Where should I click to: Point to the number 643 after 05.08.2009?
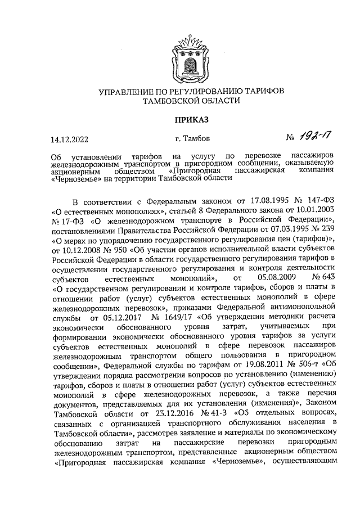coord(328,278)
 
